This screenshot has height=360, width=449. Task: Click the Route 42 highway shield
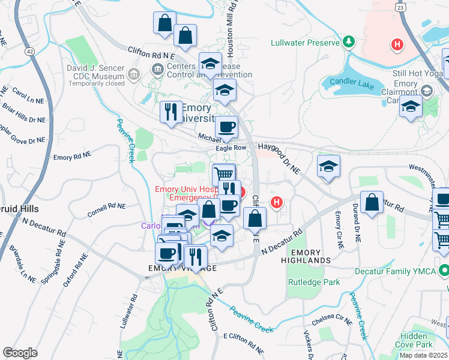pos(29,52)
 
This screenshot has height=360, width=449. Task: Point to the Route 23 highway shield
pos(400,7)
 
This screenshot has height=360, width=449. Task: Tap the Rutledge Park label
pos(313,282)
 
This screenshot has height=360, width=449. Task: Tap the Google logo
pos(20,352)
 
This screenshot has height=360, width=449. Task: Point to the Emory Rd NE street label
pos(72,157)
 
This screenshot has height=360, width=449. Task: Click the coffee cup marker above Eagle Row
pos(226,127)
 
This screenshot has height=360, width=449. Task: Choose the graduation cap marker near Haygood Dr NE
pos(328,167)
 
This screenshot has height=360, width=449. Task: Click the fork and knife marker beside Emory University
pos(171,112)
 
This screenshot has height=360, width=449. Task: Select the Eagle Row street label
pos(231,148)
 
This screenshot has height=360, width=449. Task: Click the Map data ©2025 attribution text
pos(423,355)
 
